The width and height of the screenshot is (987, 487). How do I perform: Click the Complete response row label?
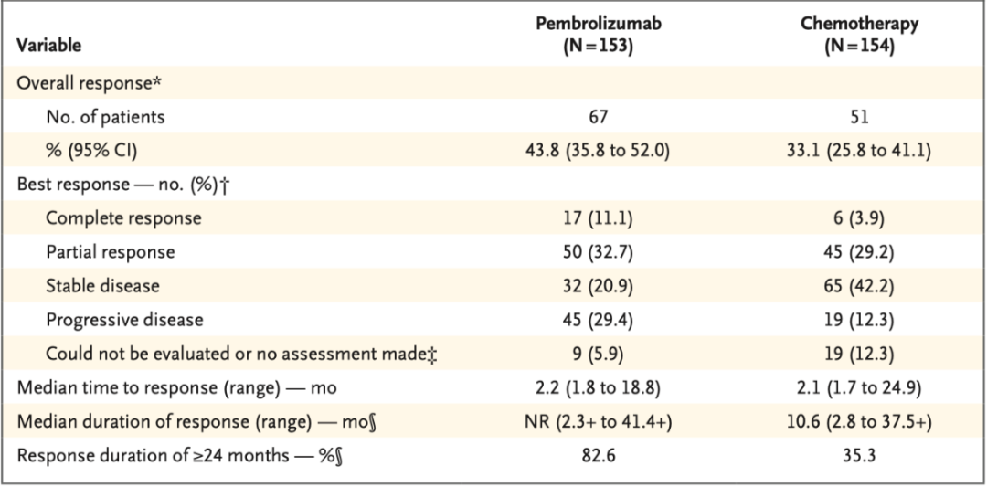[123, 218]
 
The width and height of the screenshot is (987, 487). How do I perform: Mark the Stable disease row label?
[102, 286]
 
